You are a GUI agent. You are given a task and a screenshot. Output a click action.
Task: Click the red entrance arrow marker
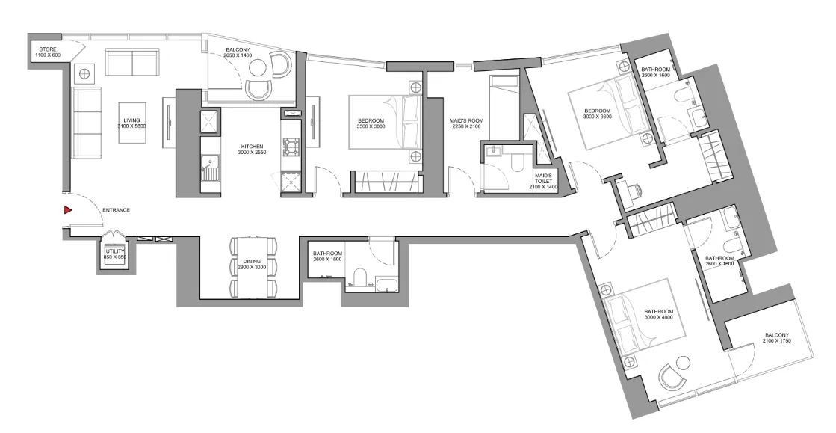[67, 210]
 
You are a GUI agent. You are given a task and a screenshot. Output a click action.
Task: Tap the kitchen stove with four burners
[289, 143]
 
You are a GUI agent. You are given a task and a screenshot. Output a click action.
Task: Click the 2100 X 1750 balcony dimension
[778, 341]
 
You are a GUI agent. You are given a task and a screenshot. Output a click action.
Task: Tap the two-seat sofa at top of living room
[131, 61]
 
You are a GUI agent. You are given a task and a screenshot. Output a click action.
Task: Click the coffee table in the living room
[131, 123]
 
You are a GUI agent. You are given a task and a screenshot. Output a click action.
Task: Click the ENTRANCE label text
[117, 210]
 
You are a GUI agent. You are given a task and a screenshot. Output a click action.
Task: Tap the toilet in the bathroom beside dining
[357, 279]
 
